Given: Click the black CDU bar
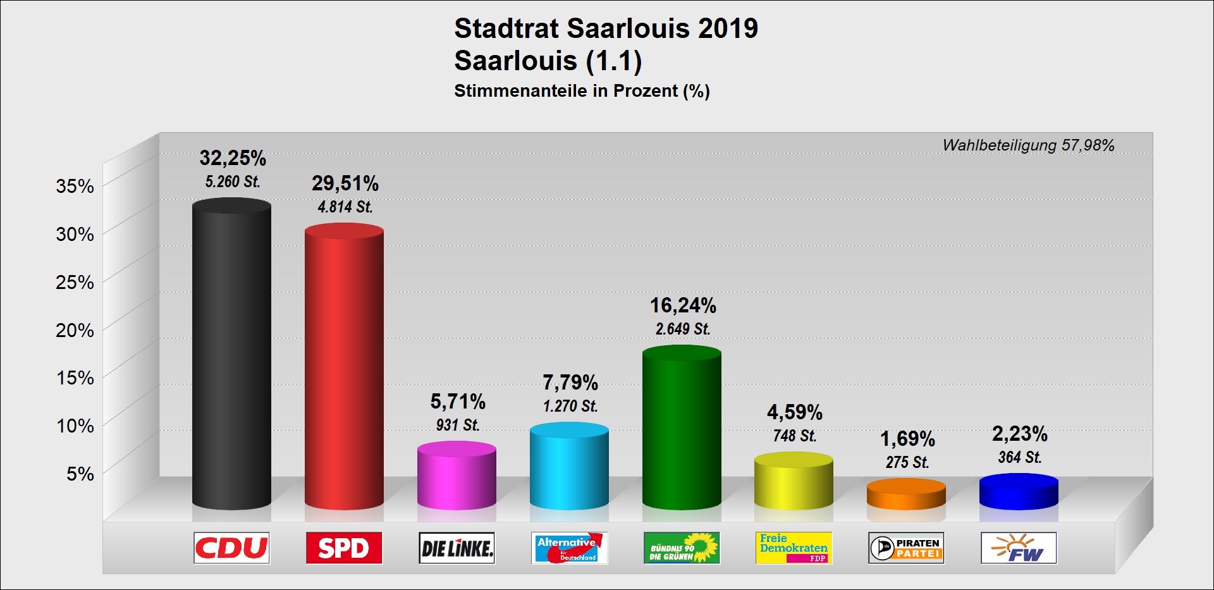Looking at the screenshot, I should point(231,354).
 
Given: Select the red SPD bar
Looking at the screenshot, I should point(344,367).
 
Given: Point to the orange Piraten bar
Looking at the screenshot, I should point(906,495).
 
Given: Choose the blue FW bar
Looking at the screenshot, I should point(1019,492).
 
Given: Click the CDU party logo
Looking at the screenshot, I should point(231,548).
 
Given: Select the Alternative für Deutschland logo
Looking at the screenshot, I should point(569,548).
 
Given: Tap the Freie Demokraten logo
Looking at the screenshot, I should point(794,548).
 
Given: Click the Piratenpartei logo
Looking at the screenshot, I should point(906,548).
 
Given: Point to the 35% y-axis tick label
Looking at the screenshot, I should point(75,186).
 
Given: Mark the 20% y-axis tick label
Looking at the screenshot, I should point(75,330).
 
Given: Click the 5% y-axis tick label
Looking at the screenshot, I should point(80,474).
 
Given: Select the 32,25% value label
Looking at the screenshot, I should point(233,157).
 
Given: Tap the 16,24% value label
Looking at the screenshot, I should point(683,305).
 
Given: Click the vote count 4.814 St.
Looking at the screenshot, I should point(345,207).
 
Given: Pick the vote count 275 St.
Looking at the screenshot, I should point(907,462).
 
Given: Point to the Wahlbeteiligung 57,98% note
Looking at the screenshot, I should point(1028,145).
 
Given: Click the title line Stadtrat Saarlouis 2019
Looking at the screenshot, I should point(606,28).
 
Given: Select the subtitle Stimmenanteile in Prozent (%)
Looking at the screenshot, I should point(582,91).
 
